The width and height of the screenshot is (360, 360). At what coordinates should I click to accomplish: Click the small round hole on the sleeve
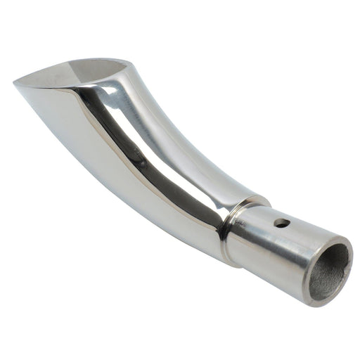pos(282,224)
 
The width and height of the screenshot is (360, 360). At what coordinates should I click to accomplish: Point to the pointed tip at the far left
pos(15,82)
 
